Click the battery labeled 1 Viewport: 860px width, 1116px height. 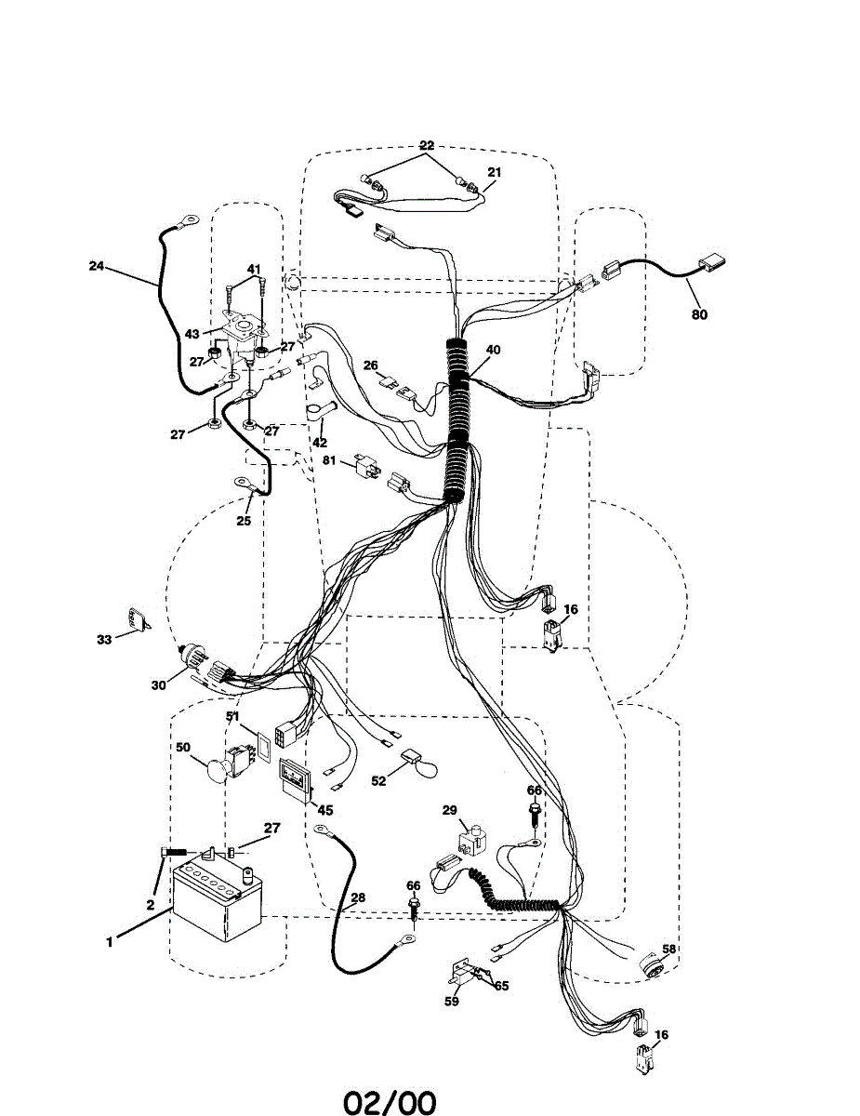tap(218, 903)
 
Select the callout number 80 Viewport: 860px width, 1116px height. tap(699, 314)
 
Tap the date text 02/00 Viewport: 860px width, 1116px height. tap(390, 1103)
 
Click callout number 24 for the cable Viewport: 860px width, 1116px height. tap(96, 265)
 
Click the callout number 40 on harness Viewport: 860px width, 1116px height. tap(493, 350)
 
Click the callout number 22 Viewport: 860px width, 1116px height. tap(426, 145)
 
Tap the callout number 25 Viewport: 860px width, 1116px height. tap(244, 521)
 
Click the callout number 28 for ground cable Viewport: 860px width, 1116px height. tap(358, 898)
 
